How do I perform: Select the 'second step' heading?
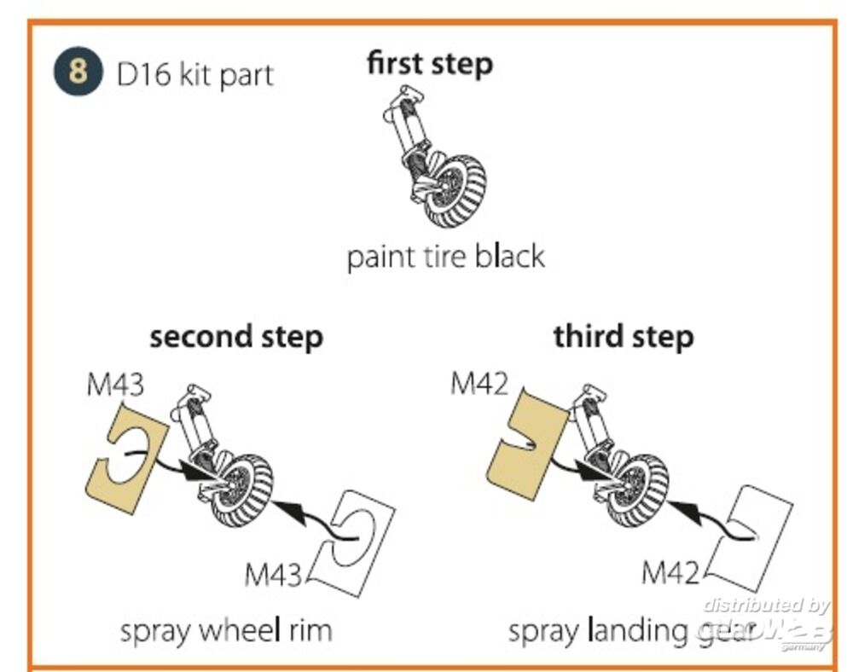236,336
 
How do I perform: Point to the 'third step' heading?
623,336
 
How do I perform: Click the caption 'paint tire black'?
445,256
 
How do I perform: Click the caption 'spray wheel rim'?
225,631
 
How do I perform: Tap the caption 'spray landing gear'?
631,632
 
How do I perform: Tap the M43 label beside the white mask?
273,574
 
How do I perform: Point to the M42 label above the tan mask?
479,384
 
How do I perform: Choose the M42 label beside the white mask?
670,572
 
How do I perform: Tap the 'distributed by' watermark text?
765,605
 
